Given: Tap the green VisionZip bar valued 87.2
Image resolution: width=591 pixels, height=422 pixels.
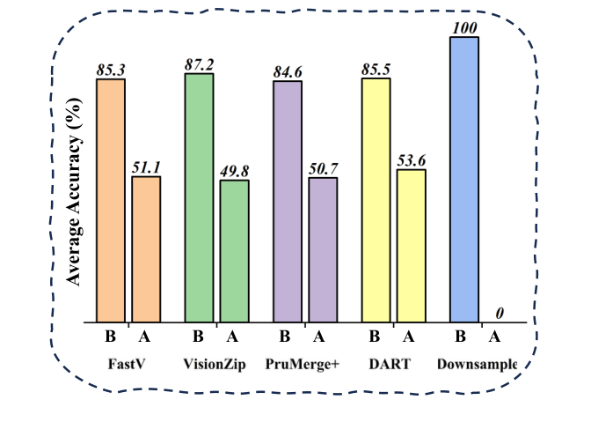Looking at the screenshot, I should [x=199, y=197].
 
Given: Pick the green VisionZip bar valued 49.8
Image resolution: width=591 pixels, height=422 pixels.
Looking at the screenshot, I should [x=234, y=251].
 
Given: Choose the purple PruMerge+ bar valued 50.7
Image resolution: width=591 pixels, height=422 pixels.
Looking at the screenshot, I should [x=323, y=250].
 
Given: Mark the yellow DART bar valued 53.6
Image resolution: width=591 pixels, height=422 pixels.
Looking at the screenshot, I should [x=411, y=246].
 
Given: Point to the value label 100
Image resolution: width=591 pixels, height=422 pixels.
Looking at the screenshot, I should [x=463, y=28].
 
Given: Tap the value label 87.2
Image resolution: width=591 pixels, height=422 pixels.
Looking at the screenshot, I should [x=199, y=65].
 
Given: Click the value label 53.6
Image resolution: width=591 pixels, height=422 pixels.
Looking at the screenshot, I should [x=411, y=161].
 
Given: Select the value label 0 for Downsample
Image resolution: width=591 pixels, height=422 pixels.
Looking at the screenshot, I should [x=500, y=314].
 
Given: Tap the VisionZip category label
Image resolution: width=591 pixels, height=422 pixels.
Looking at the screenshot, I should [x=216, y=364].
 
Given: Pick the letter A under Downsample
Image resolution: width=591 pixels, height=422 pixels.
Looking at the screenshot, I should [x=494, y=336].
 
